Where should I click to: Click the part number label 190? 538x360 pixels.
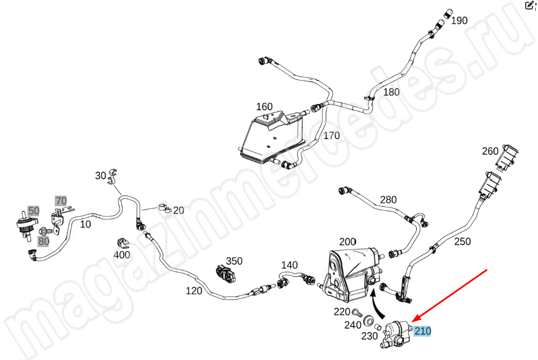(459, 21)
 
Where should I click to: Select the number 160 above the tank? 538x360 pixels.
(264, 107)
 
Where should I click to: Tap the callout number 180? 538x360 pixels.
(391, 92)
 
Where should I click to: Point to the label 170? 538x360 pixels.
(331, 135)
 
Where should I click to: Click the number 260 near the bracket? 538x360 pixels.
(490, 151)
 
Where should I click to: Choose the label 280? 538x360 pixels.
(388, 200)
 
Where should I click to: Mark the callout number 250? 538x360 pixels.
(462, 241)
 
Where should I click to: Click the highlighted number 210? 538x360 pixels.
(422, 331)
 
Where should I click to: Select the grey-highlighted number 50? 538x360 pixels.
(34, 211)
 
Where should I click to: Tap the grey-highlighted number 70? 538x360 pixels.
(60, 200)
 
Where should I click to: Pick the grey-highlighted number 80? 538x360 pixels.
(43, 241)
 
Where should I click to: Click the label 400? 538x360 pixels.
(122, 255)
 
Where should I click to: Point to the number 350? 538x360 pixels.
(234, 261)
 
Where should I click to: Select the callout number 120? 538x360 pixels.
(193, 291)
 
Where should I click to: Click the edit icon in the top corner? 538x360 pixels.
(530, 6)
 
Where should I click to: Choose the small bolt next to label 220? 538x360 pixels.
(355, 312)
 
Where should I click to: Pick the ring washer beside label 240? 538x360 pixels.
(369, 321)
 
